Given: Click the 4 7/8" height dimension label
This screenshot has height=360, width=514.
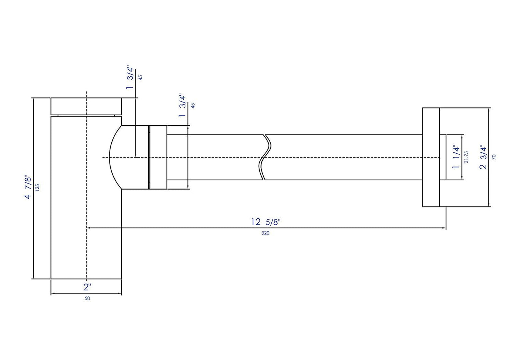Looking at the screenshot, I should tap(28, 187).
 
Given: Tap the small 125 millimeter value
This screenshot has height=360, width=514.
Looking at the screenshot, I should tap(37, 187).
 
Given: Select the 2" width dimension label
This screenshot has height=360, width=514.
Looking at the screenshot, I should tap(88, 287).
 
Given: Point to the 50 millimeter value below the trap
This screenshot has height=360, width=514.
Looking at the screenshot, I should tap(88, 298).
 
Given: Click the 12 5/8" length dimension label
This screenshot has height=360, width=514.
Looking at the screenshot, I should tap(266, 222).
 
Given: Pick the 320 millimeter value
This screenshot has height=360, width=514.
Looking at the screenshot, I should tap(266, 233).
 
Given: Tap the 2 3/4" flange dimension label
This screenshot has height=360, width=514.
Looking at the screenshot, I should tap(483, 157).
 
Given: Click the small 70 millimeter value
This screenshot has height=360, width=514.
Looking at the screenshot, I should tap(493, 157).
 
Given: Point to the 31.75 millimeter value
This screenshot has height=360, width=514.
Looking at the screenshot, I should tap(466, 157).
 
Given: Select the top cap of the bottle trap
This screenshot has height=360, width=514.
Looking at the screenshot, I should tap(86, 106).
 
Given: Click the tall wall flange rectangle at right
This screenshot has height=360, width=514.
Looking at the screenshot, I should tap(431, 157).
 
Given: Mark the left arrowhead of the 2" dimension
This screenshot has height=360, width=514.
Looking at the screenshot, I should tap(52, 293).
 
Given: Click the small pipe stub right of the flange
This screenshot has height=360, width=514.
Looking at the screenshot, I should tap(443, 157).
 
